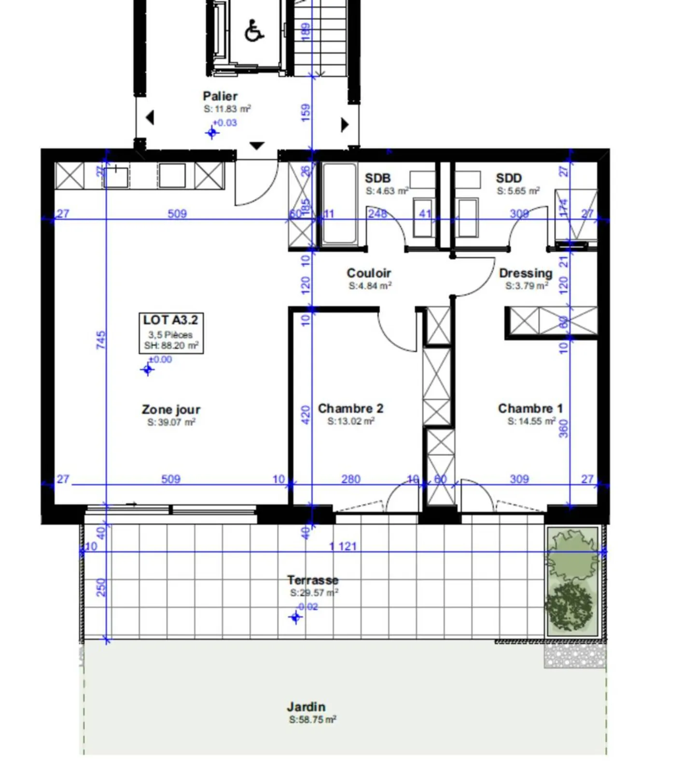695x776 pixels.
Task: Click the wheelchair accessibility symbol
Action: tap(254, 31)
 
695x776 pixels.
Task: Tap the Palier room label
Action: tap(220, 96)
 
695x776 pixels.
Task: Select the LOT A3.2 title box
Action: tap(171, 333)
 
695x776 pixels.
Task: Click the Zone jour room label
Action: tap(171, 409)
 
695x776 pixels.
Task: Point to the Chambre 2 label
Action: tap(350, 409)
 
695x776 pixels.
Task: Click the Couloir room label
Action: tap(369, 273)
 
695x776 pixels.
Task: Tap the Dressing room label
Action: tap(526, 273)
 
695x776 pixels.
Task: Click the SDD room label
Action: tap(509, 178)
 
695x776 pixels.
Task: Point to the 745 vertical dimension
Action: tap(100, 339)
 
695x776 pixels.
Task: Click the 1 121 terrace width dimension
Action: tap(343, 546)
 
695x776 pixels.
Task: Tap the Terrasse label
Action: tap(313, 580)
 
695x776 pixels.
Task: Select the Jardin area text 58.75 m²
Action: tap(313, 720)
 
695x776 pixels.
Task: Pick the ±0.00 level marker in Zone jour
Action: tap(148, 369)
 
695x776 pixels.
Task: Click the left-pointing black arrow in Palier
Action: tap(150, 117)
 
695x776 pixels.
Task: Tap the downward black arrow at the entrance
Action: tap(256, 145)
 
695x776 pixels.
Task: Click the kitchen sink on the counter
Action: tap(116, 176)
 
